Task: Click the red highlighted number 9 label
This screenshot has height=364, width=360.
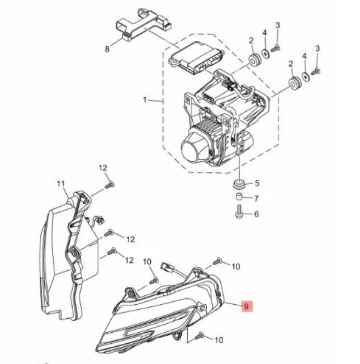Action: pos(247,306)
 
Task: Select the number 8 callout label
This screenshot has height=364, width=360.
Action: pos(107,49)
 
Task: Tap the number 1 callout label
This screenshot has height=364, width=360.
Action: pos(145,100)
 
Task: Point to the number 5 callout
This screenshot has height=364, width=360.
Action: pos(257,183)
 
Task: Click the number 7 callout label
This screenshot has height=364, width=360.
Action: pos(257,199)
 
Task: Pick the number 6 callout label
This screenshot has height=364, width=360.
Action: pos(257,214)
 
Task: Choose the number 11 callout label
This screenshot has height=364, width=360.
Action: pos(61,184)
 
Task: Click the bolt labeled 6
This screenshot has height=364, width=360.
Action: pos(239,211)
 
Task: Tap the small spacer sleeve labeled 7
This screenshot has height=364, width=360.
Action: pos(239,197)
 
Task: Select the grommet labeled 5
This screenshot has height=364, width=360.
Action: pos(239,184)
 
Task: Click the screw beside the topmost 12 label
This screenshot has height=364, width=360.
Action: pos(110,185)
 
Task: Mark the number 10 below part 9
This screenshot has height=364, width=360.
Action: pos(219,340)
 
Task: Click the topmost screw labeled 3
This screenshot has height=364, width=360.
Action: pos(276,48)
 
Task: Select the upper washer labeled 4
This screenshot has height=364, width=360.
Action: pos(265,54)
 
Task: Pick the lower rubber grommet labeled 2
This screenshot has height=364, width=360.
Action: pos(294,84)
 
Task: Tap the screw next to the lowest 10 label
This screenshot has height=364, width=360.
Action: pos(200,336)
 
